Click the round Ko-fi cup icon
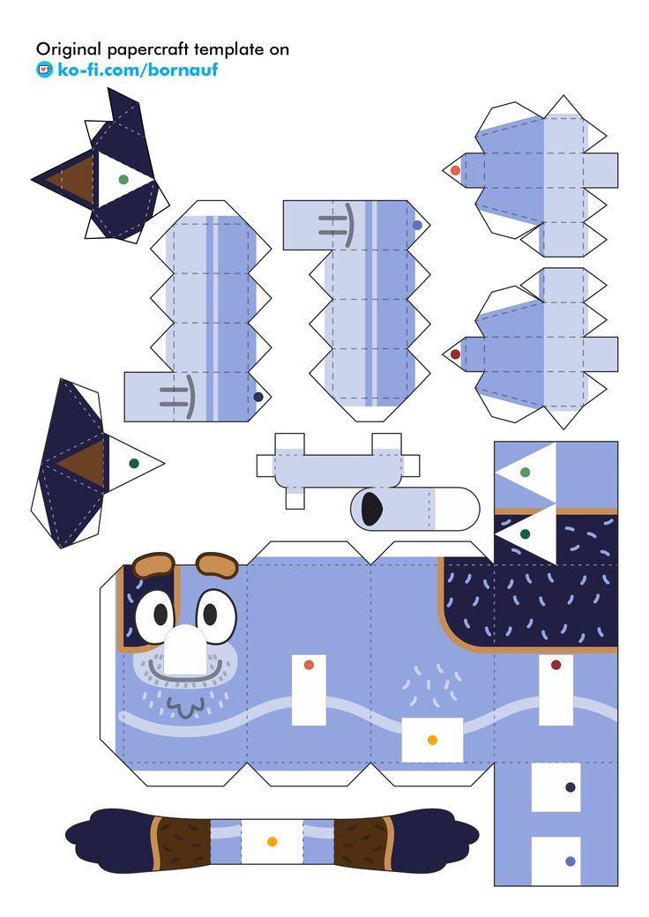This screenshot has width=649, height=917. (x=44, y=70)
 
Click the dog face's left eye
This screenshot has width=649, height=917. (x=155, y=609)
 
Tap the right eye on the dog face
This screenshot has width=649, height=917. (x=213, y=611)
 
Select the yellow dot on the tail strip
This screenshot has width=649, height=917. (x=272, y=842)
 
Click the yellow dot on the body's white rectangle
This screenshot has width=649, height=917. (x=432, y=740)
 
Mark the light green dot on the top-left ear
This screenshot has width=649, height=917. (x=123, y=179)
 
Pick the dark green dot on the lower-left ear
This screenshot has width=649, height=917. (x=134, y=463)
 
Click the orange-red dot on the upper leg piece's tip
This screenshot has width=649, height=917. (x=455, y=170)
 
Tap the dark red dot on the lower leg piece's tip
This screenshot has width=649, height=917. (x=455, y=354)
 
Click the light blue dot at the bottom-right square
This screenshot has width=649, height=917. (x=570, y=861)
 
